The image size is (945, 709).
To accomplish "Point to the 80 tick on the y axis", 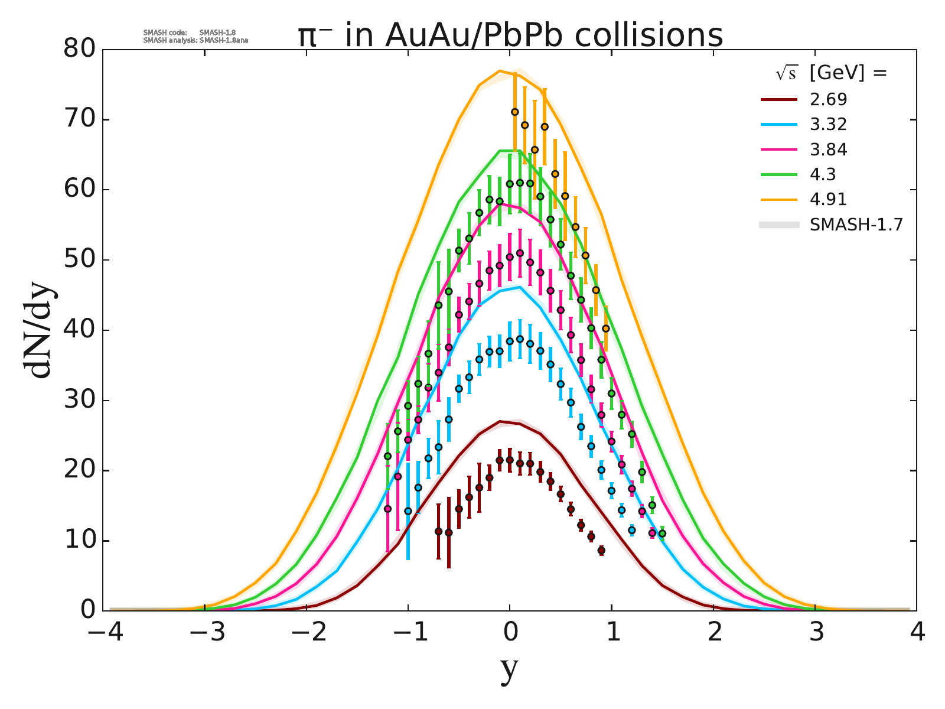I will (79, 50).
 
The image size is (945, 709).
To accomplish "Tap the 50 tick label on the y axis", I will (79, 261).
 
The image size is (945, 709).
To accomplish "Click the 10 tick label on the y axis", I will (79, 541).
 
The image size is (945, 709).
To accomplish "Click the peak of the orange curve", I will (500, 71).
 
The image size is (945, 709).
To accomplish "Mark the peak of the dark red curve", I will (500, 421).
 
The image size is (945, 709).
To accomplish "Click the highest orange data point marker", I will (514, 112).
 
